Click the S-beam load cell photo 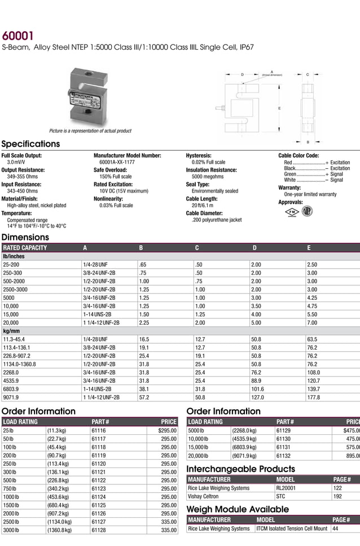tap(89, 97)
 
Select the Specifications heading tap(30, 144)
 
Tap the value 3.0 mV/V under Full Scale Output tap(16, 162)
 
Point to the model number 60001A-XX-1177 tap(117, 162)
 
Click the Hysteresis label tap(199, 155)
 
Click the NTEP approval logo tap(308, 211)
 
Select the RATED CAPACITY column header tap(25, 247)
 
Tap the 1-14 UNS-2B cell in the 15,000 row tap(97, 314)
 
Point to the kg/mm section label tap(12, 331)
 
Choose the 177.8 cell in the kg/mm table tap(313, 397)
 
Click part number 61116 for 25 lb tap(99, 430)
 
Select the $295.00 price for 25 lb tap(167, 430)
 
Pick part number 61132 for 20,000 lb tap(283, 456)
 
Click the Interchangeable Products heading tap(240, 469)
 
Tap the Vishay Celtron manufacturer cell tap(203, 496)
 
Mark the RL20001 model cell tap(286, 488)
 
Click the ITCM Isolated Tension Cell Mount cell tap(291, 528)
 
